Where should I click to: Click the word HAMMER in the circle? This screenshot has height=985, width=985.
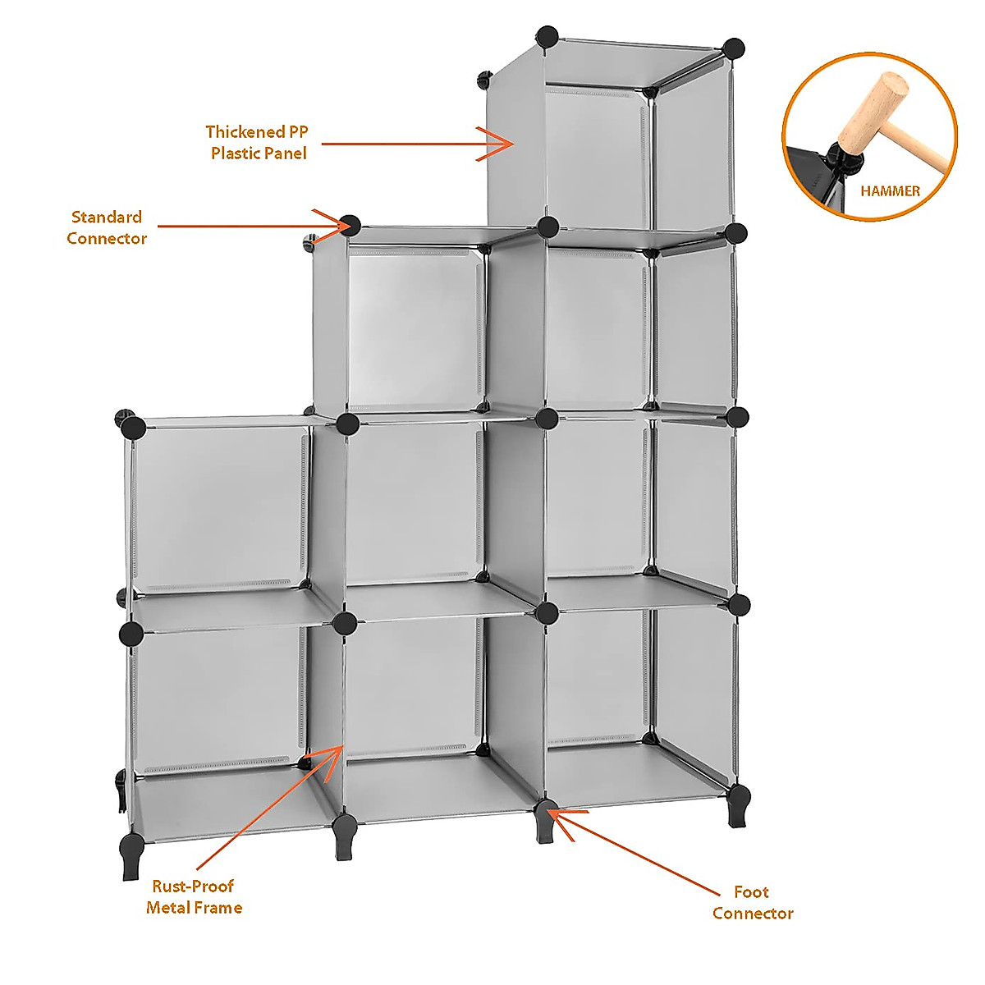pos(890,191)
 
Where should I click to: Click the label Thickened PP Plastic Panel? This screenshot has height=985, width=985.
pos(258,142)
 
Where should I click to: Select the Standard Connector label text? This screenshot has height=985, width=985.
pos(107,227)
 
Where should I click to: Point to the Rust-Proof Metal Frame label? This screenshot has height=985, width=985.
pos(194,896)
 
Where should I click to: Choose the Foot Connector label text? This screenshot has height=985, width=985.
pos(752,902)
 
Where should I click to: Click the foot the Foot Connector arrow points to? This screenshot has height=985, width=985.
pos(546,823)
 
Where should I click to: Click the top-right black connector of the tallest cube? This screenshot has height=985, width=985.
pos(734,48)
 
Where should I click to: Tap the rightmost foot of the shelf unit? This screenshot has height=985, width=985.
pos(738,804)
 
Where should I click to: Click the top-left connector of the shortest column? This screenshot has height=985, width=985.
pos(133,427)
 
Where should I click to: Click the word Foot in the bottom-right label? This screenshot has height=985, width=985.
pos(751,891)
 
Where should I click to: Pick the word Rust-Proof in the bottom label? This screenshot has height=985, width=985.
pos(193,886)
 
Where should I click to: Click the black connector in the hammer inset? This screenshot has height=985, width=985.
pos(841,153)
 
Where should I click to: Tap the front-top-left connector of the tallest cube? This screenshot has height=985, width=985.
pos(547,37)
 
